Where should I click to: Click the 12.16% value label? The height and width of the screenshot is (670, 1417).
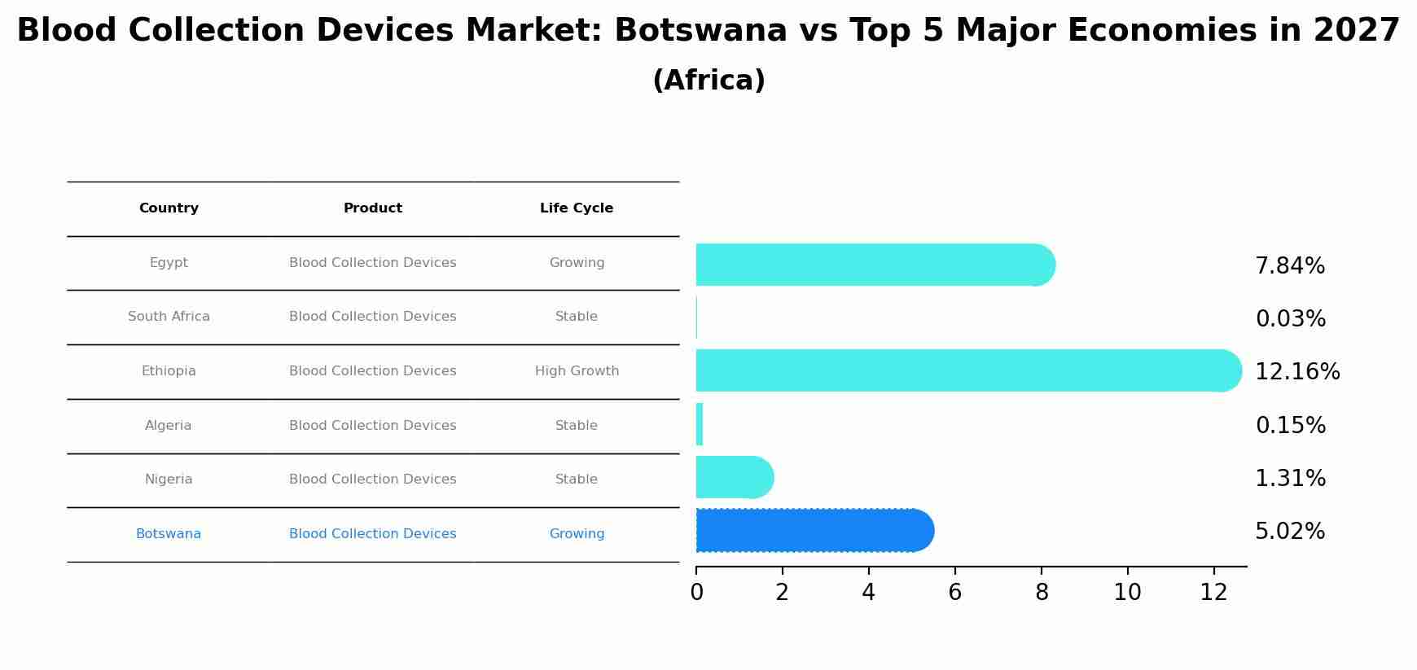(x=1296, y=372)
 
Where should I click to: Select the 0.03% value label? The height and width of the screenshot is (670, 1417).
(x=1290, y=319)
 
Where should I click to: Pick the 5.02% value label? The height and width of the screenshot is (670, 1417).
(x=1289, y=532)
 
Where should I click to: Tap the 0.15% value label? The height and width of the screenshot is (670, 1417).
(x=1290, y=426)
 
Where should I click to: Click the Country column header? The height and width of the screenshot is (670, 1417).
(x=169, y=208)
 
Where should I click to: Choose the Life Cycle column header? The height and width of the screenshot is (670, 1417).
(x=576, y=208)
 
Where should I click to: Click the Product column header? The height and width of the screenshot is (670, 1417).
(x=372, y=208)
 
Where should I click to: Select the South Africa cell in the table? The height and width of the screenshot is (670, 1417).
(x=169, y=317)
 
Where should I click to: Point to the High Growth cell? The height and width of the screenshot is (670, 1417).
(x=577, y=371)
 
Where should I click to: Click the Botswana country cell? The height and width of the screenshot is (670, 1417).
(x=169, y=534)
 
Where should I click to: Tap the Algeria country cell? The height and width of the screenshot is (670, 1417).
(x=169, y=426)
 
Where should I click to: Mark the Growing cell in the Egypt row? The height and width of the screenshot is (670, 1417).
(x=577, y=263)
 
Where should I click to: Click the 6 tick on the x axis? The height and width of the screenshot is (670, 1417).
(x=954, y=592)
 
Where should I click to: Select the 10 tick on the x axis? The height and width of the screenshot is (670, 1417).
(x=1127, y=592)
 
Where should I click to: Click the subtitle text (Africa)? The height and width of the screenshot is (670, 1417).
(x=708, y=81)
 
